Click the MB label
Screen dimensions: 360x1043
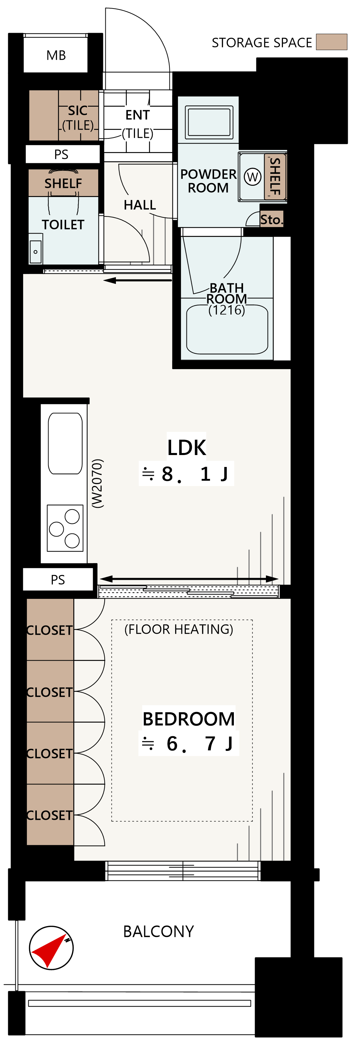tap(56, 56)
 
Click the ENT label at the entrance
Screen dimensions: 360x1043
tap(138, 115)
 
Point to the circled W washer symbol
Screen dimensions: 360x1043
tap(253, 177)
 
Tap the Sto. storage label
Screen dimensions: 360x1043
tap(271, 220)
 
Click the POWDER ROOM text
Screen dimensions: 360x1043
tap(208, 181)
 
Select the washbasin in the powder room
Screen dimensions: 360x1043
tap(209, 122)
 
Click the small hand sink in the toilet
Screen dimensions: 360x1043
tap(36, 252)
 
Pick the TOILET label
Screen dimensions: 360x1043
tap(63, 225)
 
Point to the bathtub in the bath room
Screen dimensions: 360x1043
tap(227, 330)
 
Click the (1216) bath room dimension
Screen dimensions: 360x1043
tap(227, 310)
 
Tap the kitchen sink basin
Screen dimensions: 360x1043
tap(65, 443)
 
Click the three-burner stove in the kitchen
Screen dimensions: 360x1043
tap(65, 528)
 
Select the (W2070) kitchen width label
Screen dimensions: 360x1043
tap(97, 483)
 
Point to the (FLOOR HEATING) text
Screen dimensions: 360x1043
tap(179, 629)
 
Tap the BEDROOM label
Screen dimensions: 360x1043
tap(189, 719)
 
